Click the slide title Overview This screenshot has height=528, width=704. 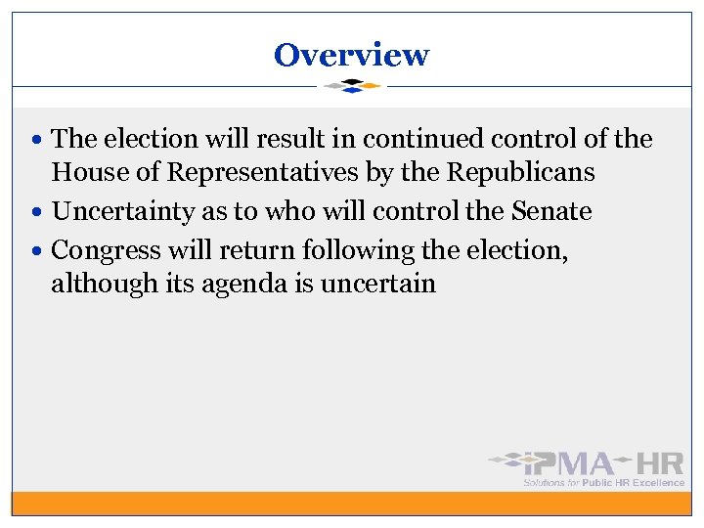pos(351,54)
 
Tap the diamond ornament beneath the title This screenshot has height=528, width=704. pos(352,86)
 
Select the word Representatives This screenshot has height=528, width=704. pos(265,173)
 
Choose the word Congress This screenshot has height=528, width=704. pos(108,250)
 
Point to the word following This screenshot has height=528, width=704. pos(358,250)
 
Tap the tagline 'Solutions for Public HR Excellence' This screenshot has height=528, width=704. pos(603,482)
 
